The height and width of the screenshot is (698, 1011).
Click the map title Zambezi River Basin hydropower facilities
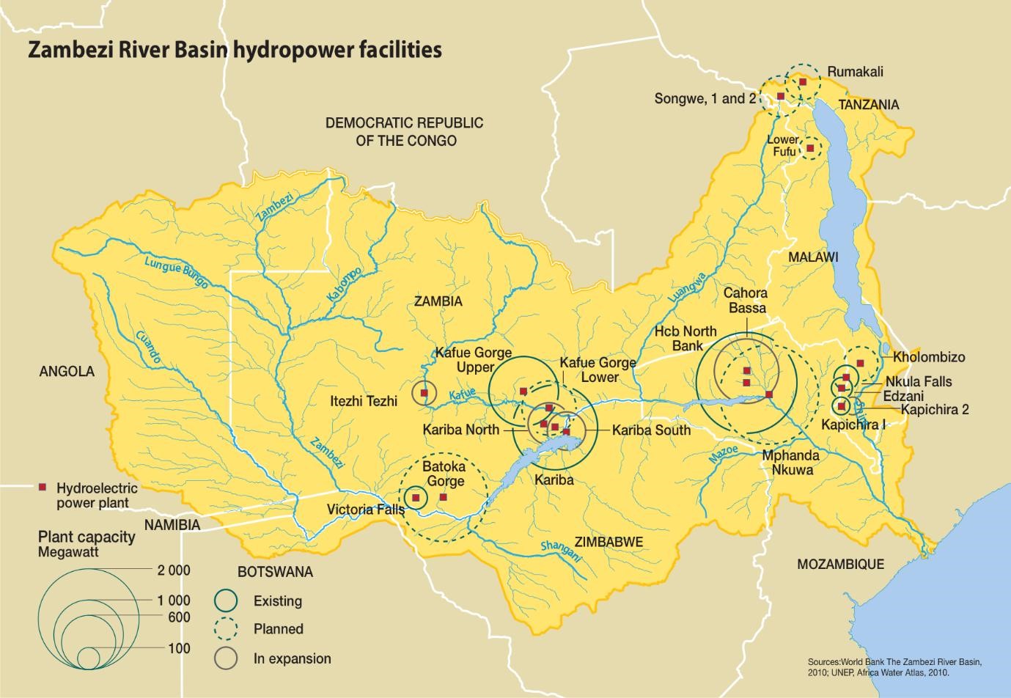point(235,50)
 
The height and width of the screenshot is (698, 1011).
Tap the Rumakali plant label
point(855,72)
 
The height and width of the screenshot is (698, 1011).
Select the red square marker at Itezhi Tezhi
point(424,393)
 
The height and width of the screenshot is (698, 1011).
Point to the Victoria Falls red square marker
point(416,498)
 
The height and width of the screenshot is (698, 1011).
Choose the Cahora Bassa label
point(746,301)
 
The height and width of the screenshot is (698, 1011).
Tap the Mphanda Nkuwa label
point(790,463)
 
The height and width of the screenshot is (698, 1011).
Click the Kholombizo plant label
point(929,358)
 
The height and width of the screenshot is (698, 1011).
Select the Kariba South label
point(651,430)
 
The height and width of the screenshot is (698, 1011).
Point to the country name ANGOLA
point(67,372)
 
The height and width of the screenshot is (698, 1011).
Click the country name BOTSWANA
point(275,572)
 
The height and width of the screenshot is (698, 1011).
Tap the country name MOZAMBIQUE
point(840,564)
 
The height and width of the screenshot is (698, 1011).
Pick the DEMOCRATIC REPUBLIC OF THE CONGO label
point(405,131)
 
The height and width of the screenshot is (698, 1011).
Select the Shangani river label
point(561,551)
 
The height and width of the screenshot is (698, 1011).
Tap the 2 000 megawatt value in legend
point(173,570)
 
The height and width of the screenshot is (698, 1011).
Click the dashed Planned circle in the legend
point(227,629)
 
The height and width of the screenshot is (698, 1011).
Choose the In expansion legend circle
point(227,658)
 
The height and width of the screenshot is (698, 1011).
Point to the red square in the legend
point(43,488)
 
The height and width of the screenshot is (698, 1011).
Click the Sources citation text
point(894,666)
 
